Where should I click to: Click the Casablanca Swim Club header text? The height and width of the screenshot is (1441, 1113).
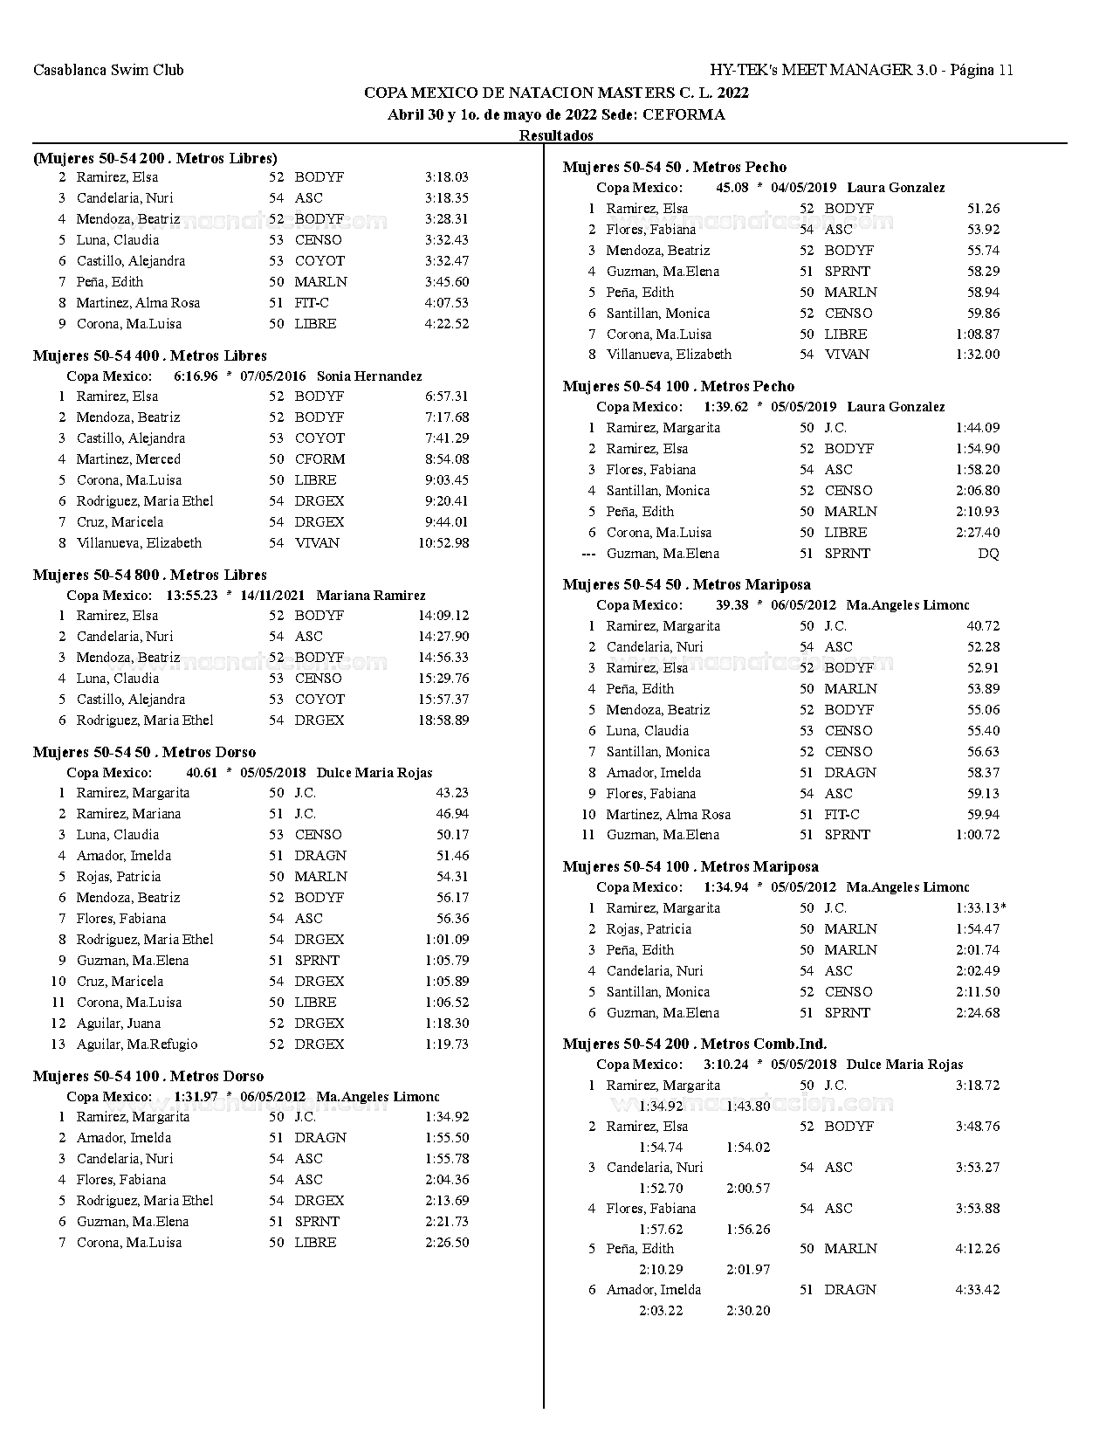(x=108, y=70)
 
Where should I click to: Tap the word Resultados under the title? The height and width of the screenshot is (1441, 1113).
(x=556, y=135)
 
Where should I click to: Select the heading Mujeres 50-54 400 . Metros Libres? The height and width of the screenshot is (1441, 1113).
(x=150, y=355)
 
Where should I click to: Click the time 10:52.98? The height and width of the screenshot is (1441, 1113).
(x=443, y=542)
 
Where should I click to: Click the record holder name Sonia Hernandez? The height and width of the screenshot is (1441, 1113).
(x=369, y=376)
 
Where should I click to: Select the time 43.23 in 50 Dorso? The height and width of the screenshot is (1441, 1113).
(x=452, y=792)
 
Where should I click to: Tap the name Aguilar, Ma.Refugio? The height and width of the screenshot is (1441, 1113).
(x=137, y=1044)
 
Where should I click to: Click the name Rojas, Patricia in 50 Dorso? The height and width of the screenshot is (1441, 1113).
(x=119, y=876)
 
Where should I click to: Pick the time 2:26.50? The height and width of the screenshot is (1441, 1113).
(x=447, y=1242)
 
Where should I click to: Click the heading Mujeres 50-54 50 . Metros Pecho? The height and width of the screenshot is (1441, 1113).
(x=675, y=167)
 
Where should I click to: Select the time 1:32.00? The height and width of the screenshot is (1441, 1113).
(x=978, y=354)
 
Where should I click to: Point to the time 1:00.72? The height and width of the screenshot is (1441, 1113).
(x=978, y=834)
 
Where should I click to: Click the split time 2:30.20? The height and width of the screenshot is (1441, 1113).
(x=748, y=1310)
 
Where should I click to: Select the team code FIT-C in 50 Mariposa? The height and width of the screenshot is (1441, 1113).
(x=842, y=814)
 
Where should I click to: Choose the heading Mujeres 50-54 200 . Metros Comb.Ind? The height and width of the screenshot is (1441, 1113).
(x=695, y=1044)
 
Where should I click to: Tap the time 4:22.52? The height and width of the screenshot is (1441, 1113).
(x=447, y=323)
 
